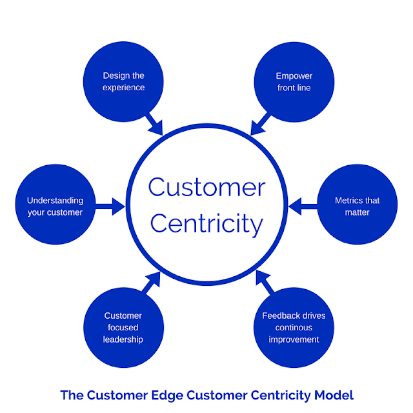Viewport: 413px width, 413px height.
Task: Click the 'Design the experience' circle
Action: [123, 81]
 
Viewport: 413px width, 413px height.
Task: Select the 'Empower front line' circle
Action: [294, 81]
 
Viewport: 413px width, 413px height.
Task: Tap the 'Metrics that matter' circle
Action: [357, 206]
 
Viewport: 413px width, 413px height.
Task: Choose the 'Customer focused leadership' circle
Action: [123, 327]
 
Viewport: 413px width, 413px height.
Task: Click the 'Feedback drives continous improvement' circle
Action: [294, 327]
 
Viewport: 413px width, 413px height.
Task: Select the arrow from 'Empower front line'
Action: [259, 124]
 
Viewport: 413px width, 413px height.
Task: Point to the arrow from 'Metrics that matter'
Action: [302, 206]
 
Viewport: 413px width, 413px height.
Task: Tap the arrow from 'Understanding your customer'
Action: [111, 206]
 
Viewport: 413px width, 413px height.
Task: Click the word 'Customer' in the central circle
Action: [206, 188]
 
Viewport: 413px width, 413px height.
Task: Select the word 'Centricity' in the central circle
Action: [206, 224]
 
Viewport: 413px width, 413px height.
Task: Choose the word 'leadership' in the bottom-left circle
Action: [123, 339]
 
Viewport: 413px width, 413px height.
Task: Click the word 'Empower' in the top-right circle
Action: [294, 76]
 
